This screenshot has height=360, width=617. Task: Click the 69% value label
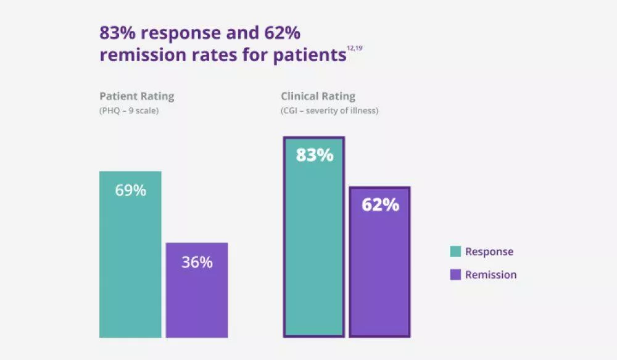[x=130, y=190]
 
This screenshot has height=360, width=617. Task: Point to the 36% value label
[x=197, y=262]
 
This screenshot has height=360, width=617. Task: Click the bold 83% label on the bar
[x=314, y=155]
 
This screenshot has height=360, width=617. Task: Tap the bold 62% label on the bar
[x=380, y=205]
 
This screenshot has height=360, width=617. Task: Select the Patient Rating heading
[x=136, y=96]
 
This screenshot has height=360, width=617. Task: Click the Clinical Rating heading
[x=318, y=96]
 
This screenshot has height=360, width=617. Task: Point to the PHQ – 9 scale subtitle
[x=129, y=111]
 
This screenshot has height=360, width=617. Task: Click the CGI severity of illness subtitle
[x=329, y=111]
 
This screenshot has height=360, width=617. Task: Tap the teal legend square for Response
[x=455, y=251]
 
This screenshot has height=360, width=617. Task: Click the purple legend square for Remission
[x=455, y=275]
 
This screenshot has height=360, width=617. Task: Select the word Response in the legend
[x=489, y=251]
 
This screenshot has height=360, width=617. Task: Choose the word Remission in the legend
[x=491, y=275]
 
